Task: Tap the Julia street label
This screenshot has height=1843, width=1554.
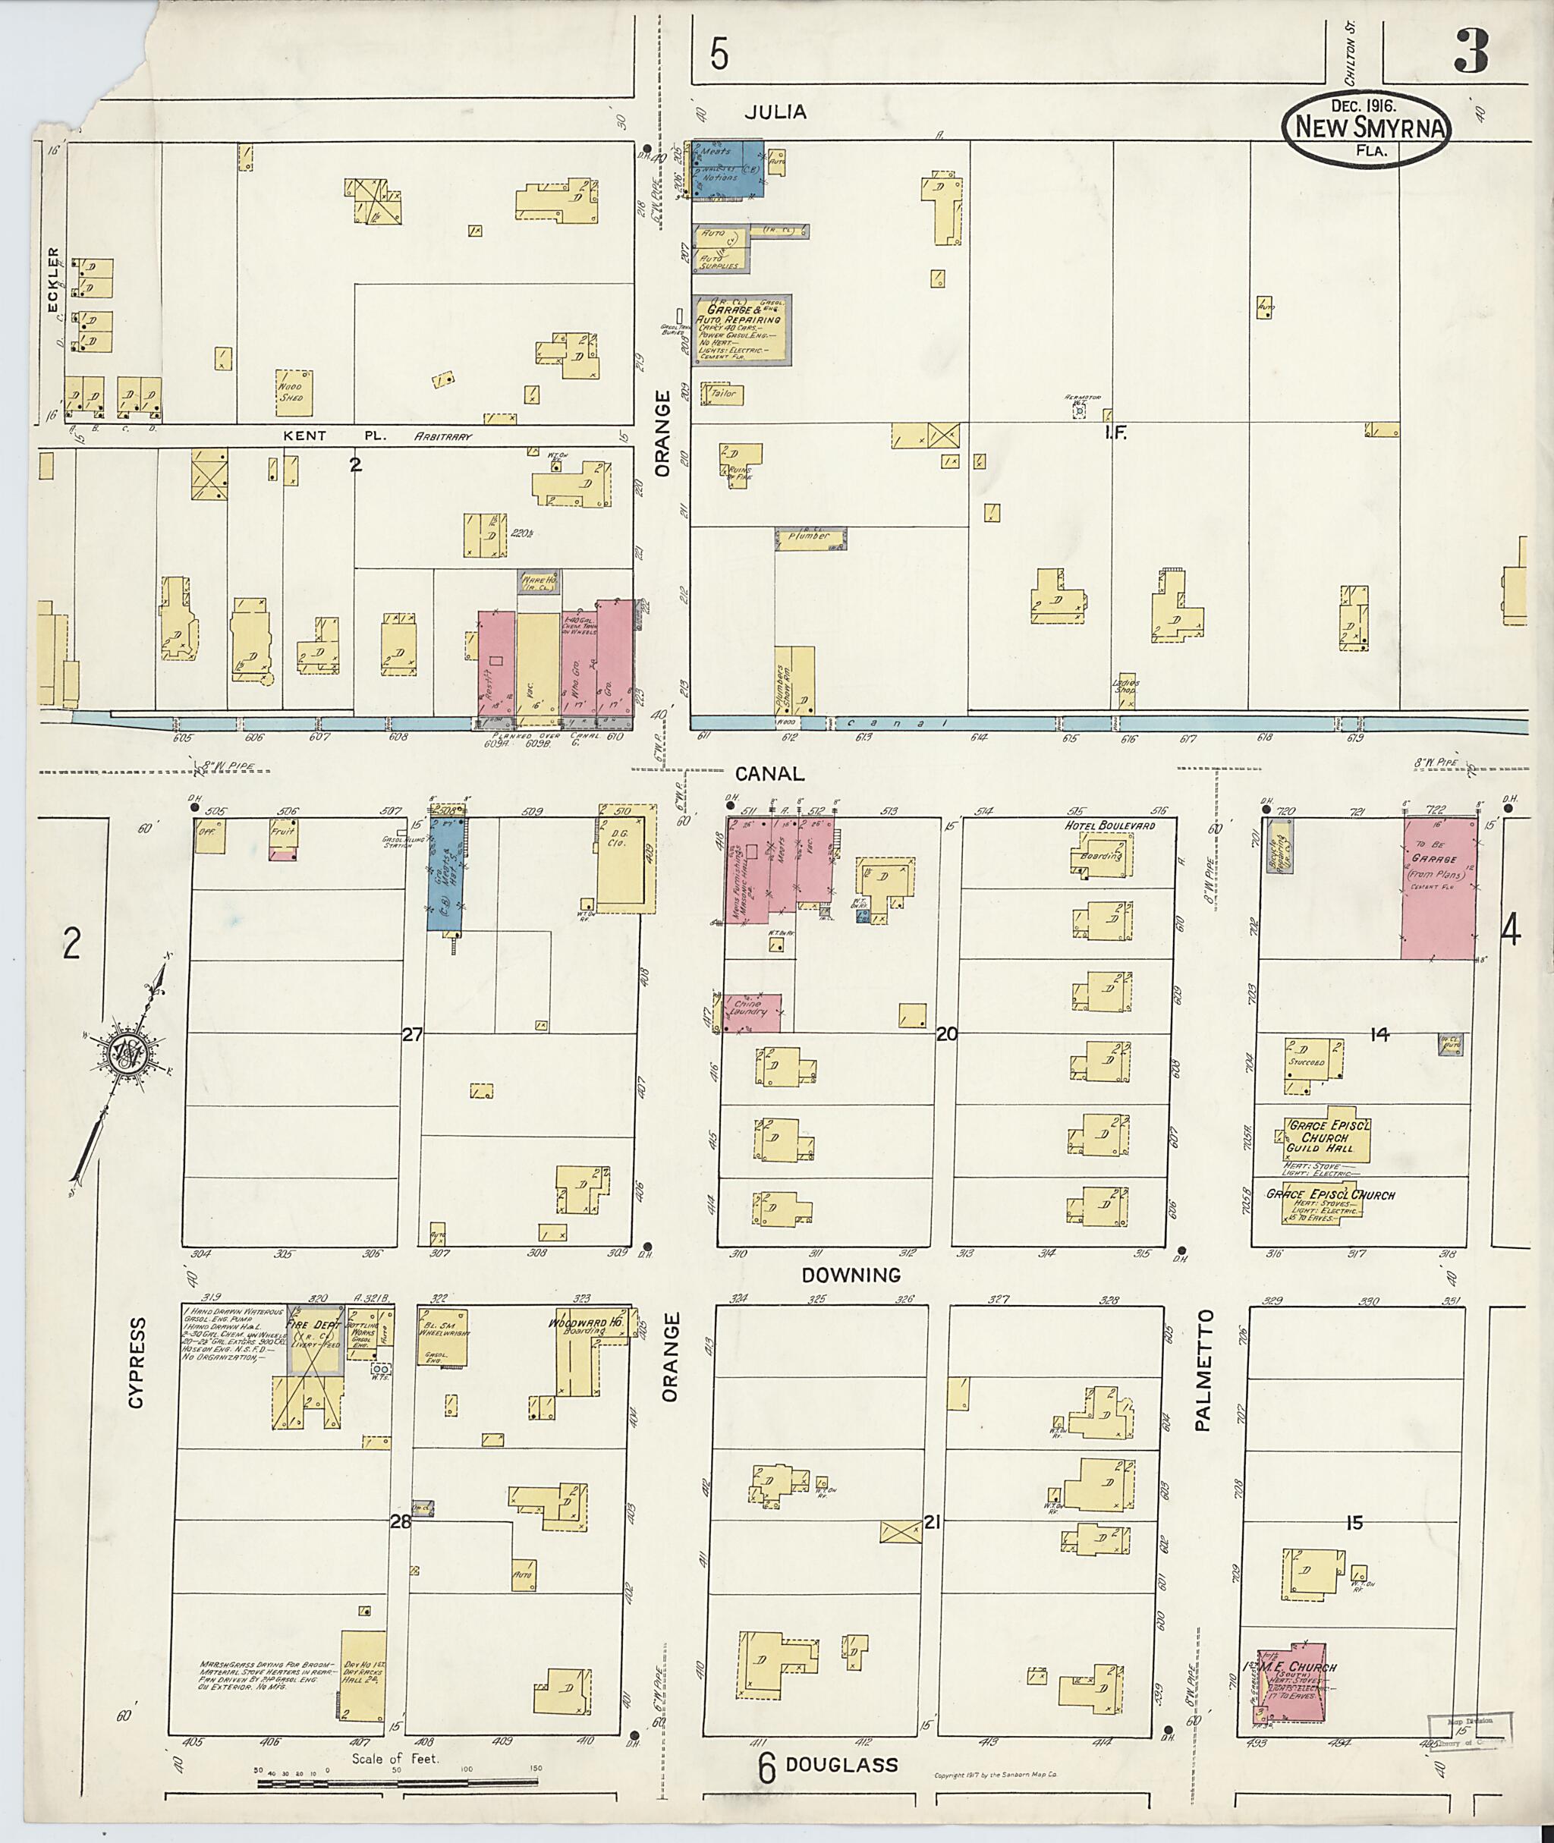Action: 775,112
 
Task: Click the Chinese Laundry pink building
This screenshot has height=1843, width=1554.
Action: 751,1013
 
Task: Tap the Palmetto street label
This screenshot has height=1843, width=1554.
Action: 1206,1370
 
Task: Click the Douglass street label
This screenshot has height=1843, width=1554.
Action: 841,1764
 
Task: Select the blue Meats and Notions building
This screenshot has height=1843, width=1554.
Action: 727,168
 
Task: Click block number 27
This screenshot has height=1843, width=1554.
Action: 412,1035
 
